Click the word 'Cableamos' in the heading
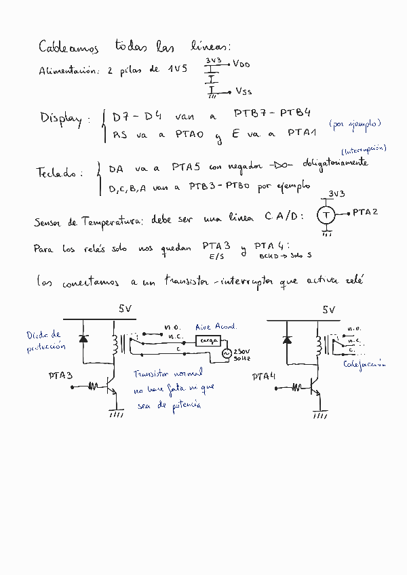[x=69, y=47]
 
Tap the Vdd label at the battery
[x=241, y=64]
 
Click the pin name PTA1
[x=301, y=133]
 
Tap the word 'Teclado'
[x=58, y=173]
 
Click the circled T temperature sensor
[x=326, y=215]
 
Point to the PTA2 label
[x=365, y=212]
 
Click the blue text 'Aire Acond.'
[x=216, y=326]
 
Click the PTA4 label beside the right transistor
[x=264, y=376]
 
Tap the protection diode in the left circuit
[x=83, y=338]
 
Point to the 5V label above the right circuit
[x=329, y=310]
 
